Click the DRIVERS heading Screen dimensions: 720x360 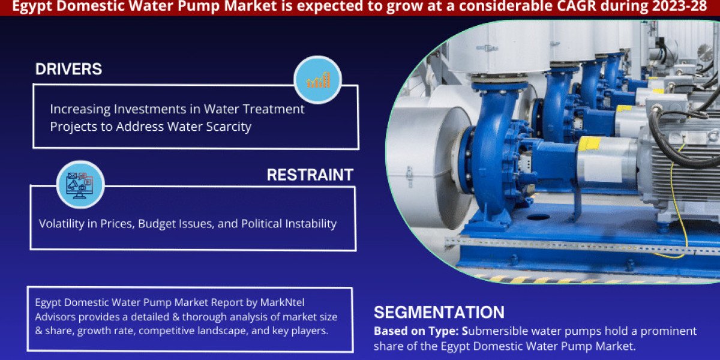pos(68,69)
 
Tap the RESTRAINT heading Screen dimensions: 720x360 pos(310,175)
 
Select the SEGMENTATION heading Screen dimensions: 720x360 pos(439,312)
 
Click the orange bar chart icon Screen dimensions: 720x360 pos(318,80)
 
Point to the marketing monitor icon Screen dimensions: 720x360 pos(79,185)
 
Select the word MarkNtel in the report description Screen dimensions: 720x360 pos(282,302)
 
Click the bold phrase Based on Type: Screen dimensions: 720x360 pos(416,331)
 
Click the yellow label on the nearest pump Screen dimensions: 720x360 pos(589,143)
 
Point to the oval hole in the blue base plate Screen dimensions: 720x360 pos(538,217)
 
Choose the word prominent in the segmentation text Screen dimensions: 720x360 pos(668,331)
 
